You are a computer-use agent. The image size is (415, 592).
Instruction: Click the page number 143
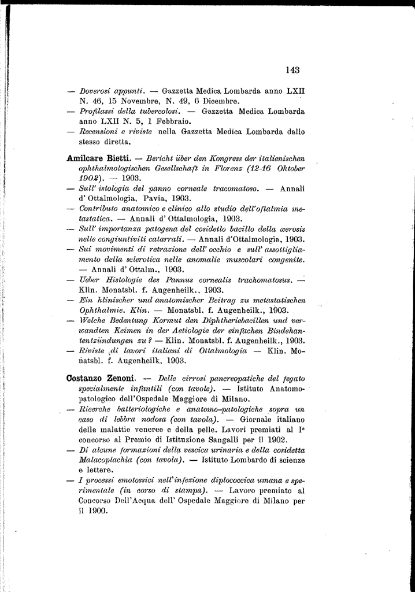pyautogui.click(x=292, y=71)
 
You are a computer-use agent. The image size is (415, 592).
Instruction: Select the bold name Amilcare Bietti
pyautogui.click(x=99, y=158)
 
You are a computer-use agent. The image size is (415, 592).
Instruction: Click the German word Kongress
pyautogui.click(x=213, y=158)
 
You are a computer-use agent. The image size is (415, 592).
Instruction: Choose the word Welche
pyautogui.click(x=94, y=320)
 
